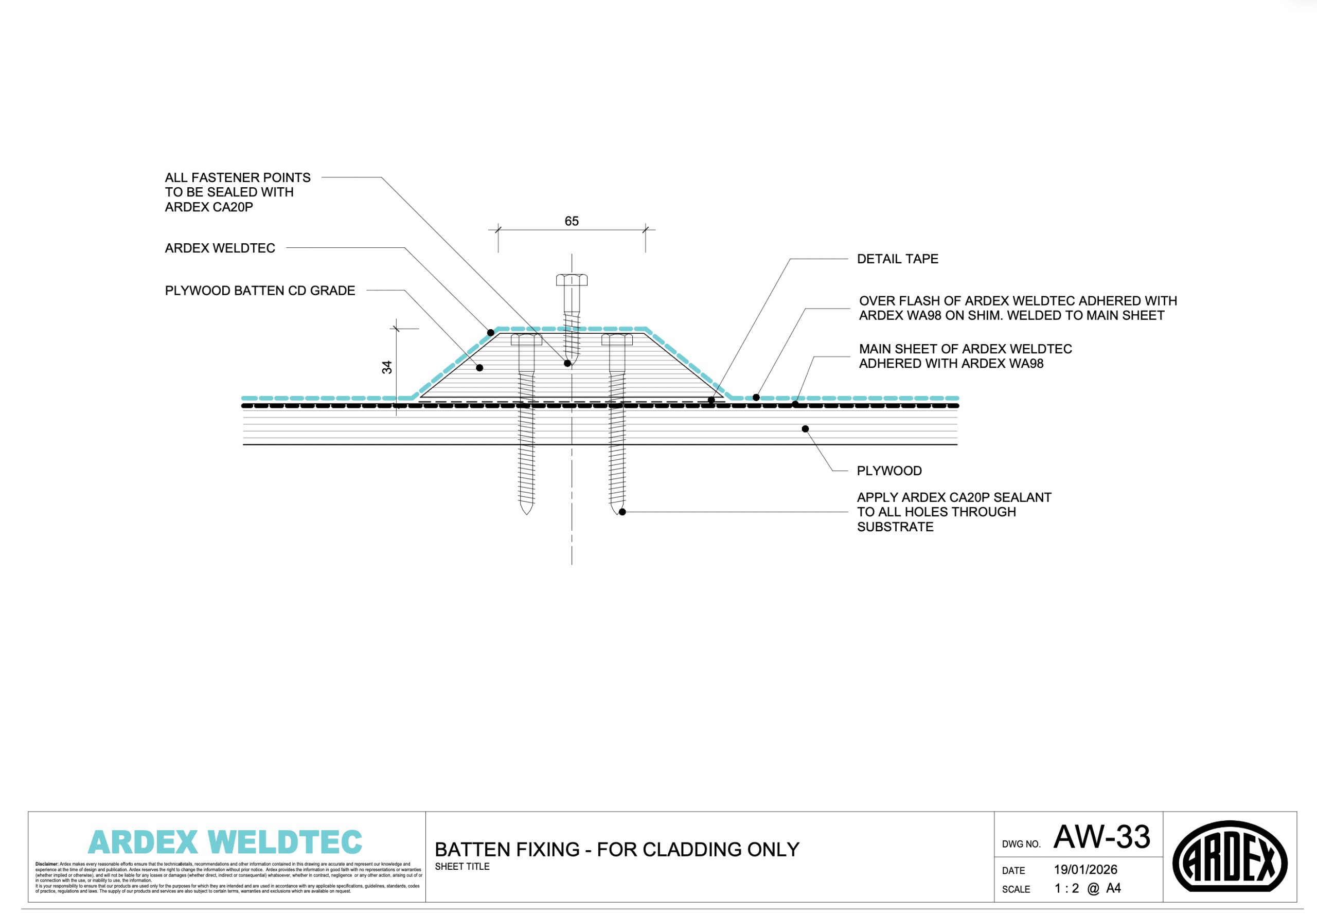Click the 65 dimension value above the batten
pos(572,221)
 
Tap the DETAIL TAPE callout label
pos(897,259)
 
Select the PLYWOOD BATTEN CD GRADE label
pos(260,291)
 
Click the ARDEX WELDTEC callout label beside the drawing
pos(220,248)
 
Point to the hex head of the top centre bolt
pos(572,280)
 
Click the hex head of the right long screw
pos(617,339)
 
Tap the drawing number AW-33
pos(1101,837)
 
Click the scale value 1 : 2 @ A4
pos(1087,888)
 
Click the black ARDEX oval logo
pos(1229,856)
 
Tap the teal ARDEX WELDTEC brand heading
pos(225,842)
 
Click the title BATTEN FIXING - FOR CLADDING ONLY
pos(617,850)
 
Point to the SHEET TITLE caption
pos(462,867)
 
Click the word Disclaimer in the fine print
pos(46,864)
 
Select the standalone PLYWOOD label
pos(889,471)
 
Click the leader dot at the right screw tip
pos(622,512)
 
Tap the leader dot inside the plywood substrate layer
pos(805,429)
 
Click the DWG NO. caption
pos(1021,845)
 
